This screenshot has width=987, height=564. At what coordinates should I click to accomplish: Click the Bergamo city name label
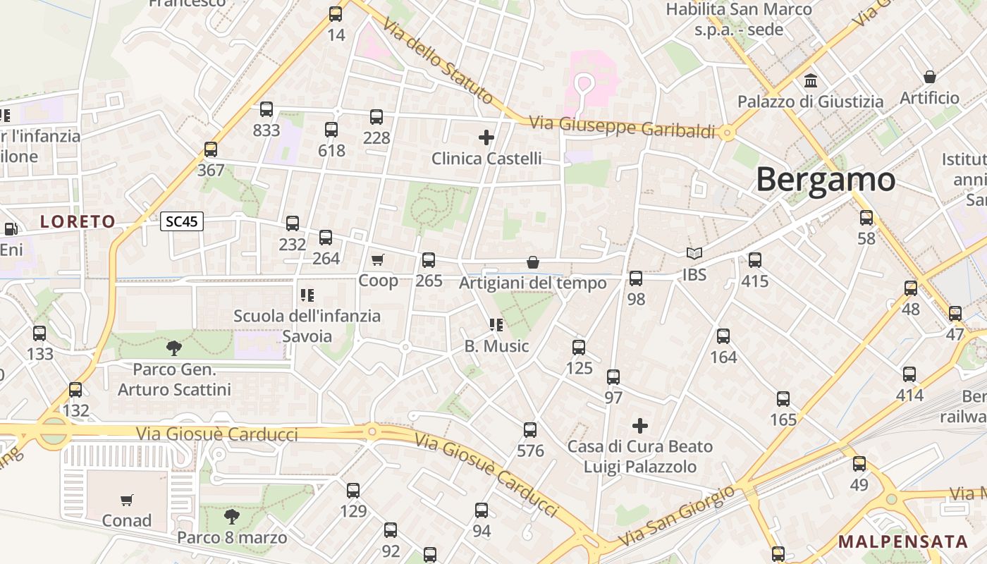pyautogui.click(x=826, y=180)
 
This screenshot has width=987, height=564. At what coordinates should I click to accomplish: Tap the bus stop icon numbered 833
pyautogui.click(x=266, y=109)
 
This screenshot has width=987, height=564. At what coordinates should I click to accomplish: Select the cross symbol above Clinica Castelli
pyautogui.click(x=486, y=137)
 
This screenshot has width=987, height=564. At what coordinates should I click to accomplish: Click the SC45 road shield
pyautogui.click(x=182, y=222)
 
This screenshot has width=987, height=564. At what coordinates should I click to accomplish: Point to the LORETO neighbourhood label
pyautogui.click(x=78, y=222)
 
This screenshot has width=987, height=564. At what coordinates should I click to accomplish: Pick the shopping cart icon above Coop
pyautogui.click(x=378, y=260)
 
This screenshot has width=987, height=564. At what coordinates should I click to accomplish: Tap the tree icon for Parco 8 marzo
pyautogui.click(x=231, y=517)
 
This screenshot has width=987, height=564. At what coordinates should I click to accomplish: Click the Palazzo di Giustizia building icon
pyautogui.click(x=811, y=81)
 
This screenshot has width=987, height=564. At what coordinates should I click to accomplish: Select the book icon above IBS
pyautogui.click(x=694, y=254)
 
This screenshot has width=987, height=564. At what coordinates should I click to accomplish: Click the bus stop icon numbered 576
pyautogui.click(x=530, y=430)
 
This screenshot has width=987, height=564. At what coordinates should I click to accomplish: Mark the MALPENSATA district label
pyautogui.click(x=903, y=542)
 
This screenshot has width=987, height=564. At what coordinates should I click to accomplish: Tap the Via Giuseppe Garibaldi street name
pyautogui.click(x=622, y=127)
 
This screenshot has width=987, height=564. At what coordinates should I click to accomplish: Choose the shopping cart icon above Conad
pyautogui.click(x=127, y=500)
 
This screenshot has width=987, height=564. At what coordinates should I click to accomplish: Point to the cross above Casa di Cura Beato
pyautogui.click(x=640, y=426)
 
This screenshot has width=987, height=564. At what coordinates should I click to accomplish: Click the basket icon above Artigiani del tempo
pyautogui.click(x=533, y=262)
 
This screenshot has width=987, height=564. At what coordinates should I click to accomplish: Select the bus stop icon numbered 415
pyautogui.click(x=755, y=260)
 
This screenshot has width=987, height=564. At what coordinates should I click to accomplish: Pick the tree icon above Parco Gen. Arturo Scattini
pyautogui.click(x=173, y=348)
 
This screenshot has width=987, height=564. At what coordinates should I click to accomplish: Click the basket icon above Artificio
pyautogui.click(x=930, y=77)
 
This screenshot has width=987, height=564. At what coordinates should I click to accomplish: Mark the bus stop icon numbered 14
pyautogui.click(x=336, y=14)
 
